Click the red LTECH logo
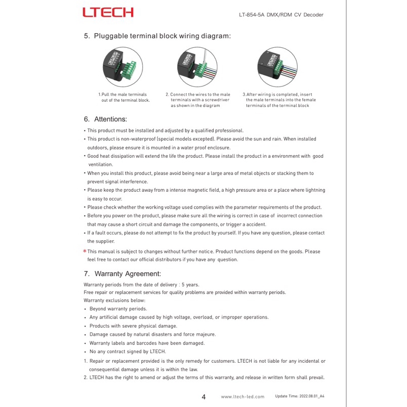click(x=108, y=12)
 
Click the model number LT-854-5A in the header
click(x=251, y=15)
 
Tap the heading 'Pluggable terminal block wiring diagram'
click(x=162, y=36)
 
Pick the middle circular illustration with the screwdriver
click(x=197, y=67)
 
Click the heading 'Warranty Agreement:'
click(x=128, y=274)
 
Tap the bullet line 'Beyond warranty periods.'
click(x=118, y=309)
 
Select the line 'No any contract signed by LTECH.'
click(x=128, y=352)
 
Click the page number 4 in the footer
click(x=203, y=396)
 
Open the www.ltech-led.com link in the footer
click(x=243, y=397)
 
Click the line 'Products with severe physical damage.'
click(x=133, y=326)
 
